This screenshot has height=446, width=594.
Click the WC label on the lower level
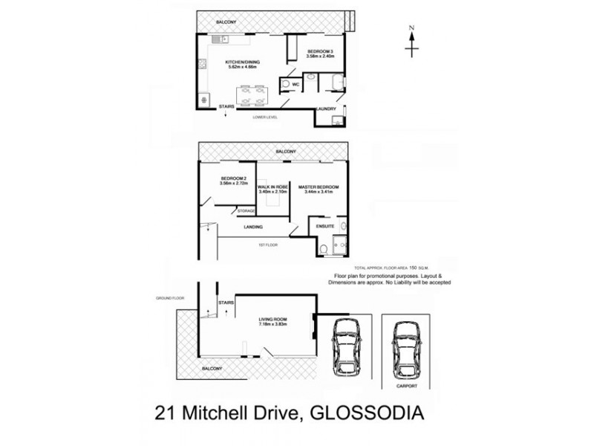295,85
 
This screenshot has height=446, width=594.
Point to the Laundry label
327,109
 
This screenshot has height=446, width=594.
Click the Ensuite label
326,225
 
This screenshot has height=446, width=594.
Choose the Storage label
247,211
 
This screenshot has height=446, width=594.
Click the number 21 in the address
165,413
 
